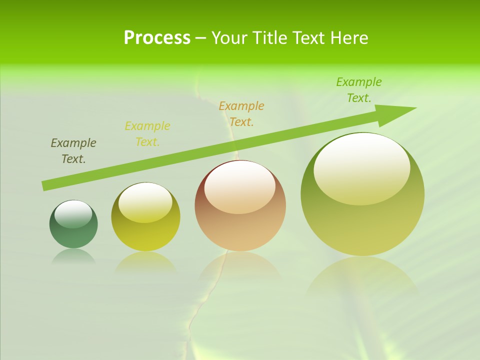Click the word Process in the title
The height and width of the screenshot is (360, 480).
pos(157,38)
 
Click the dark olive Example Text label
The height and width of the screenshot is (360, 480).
pos(73,151)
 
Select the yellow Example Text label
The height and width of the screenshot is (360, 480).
pos(147,134)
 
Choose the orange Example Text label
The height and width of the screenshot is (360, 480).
pos(241,114)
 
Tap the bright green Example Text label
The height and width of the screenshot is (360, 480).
pos(359,90)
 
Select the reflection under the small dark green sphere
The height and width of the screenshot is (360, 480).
pos(73,256)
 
